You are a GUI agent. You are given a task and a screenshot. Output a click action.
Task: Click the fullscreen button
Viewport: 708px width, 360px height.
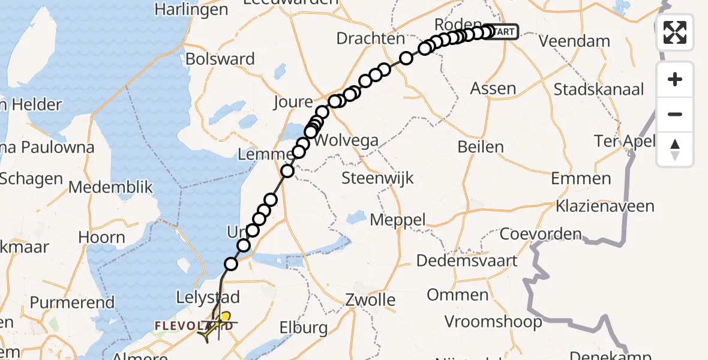[x=675, y=32]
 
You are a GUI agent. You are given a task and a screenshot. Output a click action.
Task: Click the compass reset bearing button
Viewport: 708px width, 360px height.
[x=675, y=149]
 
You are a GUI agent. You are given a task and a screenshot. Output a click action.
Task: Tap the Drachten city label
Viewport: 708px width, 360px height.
[x=370, y=38]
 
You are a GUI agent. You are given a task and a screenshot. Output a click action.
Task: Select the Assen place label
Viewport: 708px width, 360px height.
[x=493, y=89]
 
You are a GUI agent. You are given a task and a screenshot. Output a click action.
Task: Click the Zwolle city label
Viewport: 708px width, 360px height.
[x=370, y=299]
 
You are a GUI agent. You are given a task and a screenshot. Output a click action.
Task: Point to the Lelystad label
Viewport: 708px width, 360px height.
[x=208, y=297]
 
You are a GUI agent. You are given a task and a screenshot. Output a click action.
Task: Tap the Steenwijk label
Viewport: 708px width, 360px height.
[x=377, y=178]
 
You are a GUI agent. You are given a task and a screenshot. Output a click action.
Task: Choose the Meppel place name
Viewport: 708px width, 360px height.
[x=397, y=220]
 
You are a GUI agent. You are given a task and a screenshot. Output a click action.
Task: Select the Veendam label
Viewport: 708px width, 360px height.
[x=574, y=41]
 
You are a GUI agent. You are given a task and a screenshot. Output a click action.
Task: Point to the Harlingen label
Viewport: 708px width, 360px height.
[x=191, y=10]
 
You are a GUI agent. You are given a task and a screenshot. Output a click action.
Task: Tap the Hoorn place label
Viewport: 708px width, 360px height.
[x=101, y=237]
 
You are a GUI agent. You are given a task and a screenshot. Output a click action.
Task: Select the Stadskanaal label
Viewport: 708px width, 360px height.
[x=598, y=89]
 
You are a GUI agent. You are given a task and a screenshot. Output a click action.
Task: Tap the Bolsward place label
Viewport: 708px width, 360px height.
[x=220, y=59]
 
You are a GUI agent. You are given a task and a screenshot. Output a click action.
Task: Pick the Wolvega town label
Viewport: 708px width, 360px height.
[x=347, y=142]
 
